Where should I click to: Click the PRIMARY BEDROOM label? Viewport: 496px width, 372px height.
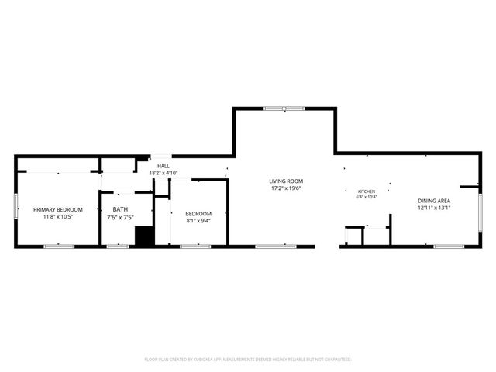click(58, 209)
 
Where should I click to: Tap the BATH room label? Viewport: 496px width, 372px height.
click(120, 209)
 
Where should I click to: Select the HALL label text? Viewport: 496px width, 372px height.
click(164, 166)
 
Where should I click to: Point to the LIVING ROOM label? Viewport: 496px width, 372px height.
click(286, 181)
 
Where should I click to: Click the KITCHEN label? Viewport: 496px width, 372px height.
click(367, 191)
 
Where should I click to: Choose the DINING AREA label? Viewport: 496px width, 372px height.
click(434, 201)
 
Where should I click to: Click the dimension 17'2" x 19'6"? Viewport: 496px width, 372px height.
click(286, 188)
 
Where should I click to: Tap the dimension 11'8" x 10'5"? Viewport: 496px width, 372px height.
click(58, 217)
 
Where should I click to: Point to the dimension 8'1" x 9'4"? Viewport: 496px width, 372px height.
click(198, 220)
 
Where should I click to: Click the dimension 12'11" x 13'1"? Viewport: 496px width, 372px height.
click(434, 208)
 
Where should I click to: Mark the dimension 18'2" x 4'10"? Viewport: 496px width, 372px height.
click(164, 172)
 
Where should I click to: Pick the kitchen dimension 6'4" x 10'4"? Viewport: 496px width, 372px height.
click(367, 197)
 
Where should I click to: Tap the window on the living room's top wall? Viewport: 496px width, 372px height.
click(284, 108)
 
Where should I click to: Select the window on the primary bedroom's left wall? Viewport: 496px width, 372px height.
click(15, 205)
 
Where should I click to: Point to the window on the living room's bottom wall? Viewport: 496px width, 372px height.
click(275, 246)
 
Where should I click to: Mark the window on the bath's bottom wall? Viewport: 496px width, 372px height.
click(118, 246)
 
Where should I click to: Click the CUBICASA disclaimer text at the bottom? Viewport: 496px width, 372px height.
click(248, 360)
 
